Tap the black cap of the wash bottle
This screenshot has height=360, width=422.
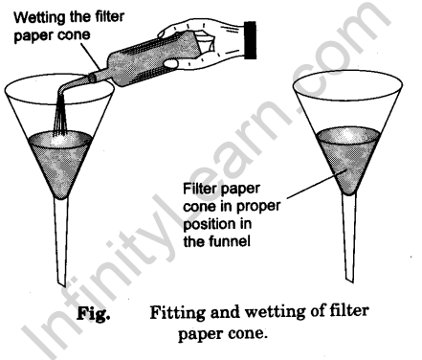[x=251, y=40]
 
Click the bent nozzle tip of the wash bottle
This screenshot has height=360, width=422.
[x=61, y=89]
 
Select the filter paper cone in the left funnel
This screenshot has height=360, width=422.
[x=60, y=164]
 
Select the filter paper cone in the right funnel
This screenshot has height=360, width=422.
[x=348, y=160]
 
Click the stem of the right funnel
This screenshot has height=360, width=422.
[x=349, y=237]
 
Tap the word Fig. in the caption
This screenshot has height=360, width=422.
[x=94, y=313]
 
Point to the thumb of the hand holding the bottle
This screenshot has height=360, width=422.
[x=171, y=63]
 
